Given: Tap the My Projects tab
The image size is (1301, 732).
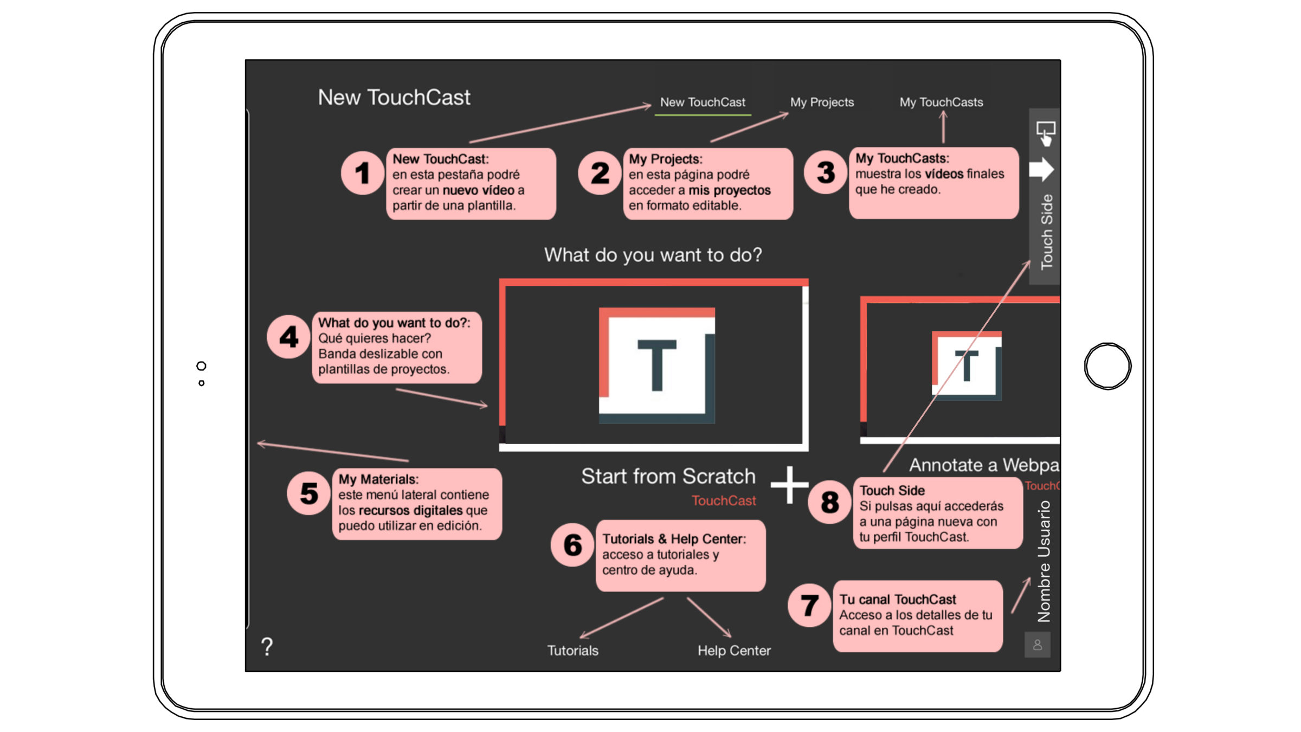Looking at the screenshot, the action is point(822,102).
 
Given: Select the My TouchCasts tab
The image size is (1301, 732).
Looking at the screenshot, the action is point(941,102).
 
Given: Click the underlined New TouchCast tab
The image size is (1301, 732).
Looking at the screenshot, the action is point(703,102).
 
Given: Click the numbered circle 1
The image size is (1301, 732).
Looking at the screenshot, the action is point(362,174).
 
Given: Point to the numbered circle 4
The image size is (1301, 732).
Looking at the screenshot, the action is point(288,337).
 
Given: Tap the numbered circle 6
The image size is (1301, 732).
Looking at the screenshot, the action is point(572,545).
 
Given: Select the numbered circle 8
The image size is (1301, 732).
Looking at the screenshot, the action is point(829,502).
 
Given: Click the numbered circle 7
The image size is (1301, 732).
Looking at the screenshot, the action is point(809,605).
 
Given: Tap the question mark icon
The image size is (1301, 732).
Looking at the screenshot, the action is point(267,646).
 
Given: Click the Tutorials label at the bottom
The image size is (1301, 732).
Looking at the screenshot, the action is point(572,650).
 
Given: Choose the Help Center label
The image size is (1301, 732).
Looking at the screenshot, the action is point(734,650).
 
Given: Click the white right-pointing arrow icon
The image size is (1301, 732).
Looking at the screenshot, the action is point(1041,170).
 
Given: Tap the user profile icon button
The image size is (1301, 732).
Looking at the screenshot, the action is point(1037,645).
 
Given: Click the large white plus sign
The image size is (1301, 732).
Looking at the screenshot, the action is point(789,485).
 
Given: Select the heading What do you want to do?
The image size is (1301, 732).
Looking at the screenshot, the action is point(653,255).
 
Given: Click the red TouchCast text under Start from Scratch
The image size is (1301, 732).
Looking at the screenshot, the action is point(724,500).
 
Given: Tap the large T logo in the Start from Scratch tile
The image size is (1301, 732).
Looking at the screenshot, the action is point(656,365).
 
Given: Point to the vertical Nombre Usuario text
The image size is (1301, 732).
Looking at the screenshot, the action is point(1044,561).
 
